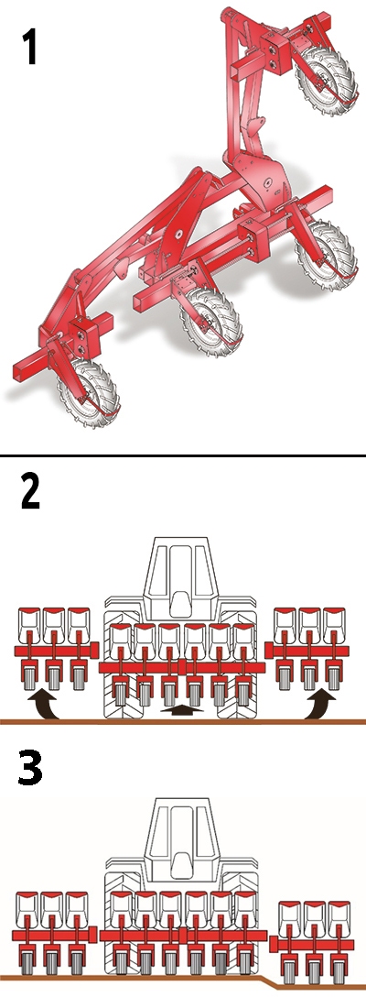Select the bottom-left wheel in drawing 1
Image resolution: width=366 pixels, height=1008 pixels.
pyautogui.click(x=89, y=389)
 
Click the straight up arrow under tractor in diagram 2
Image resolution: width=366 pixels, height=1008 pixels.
pyautogui.click(x=182, y=711)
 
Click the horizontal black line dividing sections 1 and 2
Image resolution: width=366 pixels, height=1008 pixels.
pyautogui.click(x=183, y=455)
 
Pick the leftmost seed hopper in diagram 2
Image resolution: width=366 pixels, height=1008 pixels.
pyautogui.click(x=29, y=621)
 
